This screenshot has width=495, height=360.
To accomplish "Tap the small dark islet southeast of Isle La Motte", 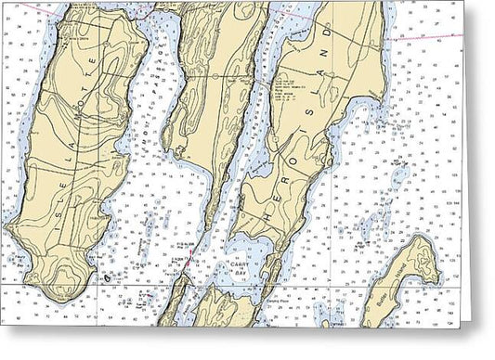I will (109, 276).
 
